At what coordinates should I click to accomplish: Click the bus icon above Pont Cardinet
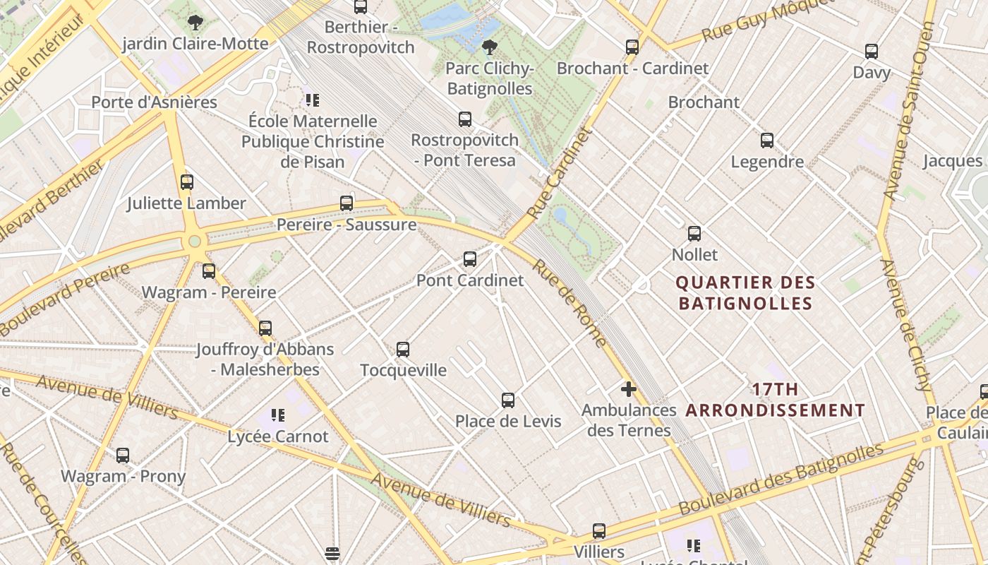click(470, 259)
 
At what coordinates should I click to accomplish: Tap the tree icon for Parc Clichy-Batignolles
click(488, 47)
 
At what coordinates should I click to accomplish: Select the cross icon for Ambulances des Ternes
click(628, 389)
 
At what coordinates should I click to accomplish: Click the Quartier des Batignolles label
click(745, 293)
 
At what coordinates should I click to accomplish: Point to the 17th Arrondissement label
click(775, 400)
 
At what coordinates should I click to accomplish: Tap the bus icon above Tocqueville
click(403, 349)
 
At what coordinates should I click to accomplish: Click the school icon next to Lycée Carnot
click(278, 415)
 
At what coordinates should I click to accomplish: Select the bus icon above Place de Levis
click(508, 400)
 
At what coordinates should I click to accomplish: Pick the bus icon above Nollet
click(694, 233)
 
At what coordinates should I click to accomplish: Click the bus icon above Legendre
click(767, 141)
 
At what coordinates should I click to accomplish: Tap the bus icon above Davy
click(872, 52)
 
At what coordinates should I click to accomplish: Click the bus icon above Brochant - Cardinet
click(632, 47)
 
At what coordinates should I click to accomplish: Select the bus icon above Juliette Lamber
click(187, 182)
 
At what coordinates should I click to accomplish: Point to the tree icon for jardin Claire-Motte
click(195, 23)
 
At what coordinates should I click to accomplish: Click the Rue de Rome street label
click(569, 303)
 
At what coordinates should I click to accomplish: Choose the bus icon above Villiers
click(599, 530)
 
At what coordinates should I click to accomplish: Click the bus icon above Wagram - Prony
click(123, 456)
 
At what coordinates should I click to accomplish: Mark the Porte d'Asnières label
click(154, 102)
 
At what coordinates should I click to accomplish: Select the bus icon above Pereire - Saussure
click(347, 203)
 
